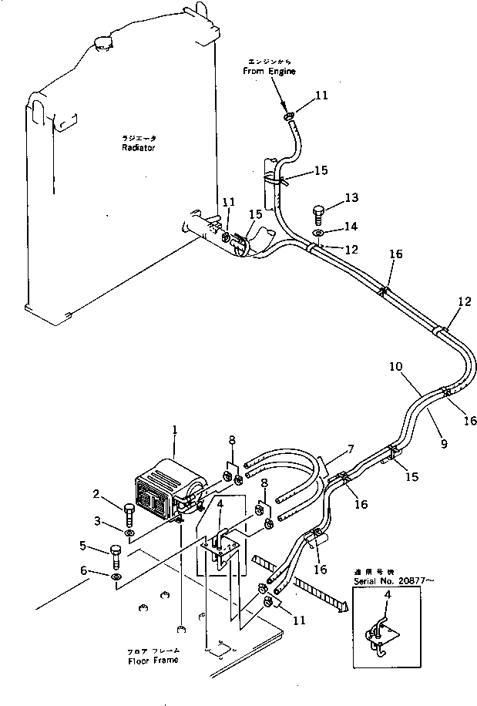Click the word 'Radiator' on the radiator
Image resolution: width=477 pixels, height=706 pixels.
click(138, 147)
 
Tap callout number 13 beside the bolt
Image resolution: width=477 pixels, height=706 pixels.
click(351, 199)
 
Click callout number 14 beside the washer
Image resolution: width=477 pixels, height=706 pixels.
click(351, 227)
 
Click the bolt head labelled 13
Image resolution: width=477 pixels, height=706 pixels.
click(320, 210)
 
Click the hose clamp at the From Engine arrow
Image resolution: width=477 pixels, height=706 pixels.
click(287, 116)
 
